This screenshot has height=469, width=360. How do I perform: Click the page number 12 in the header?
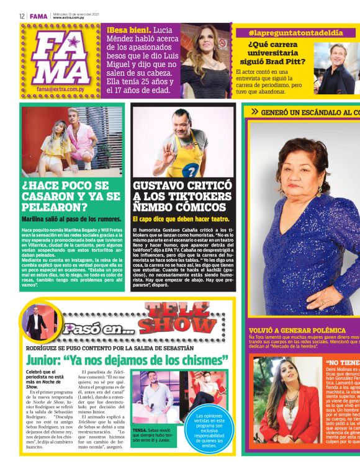coord(22,16)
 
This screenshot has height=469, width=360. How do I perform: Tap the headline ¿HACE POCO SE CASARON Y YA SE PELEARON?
coord(71,197)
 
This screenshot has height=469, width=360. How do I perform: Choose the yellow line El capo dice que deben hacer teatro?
coord(181,219)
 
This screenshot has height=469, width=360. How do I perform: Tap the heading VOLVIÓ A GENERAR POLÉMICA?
coord(297,330)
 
